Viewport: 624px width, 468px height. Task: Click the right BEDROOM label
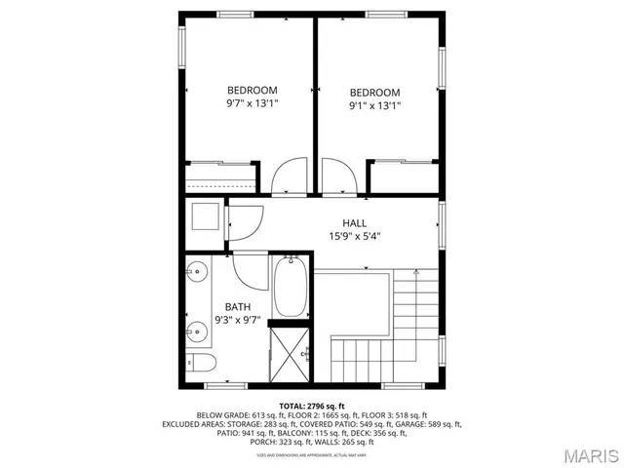point(375,93)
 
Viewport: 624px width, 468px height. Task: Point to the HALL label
point(354,223)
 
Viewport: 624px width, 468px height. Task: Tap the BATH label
point(238,306)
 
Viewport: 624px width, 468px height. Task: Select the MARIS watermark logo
point(582,453)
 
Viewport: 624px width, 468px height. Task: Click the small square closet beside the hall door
point(206,216)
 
